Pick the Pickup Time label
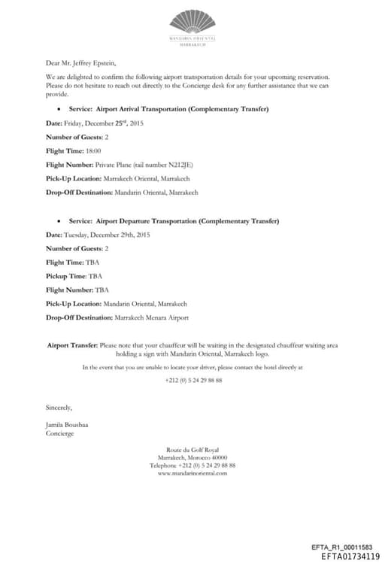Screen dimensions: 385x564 (x=65, y=276)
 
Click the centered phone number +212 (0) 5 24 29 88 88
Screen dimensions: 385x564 (x=193, y=381)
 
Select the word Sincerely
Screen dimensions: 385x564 (x=59, y=408)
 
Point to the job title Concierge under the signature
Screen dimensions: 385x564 (x=60, y=434)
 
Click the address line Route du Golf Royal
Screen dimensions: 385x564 (x=192, y=450)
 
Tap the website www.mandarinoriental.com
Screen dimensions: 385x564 (x=192, y=473)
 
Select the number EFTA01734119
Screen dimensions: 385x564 (x=350, y=557)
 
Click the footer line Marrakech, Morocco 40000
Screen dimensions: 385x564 (x=192, y=457)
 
